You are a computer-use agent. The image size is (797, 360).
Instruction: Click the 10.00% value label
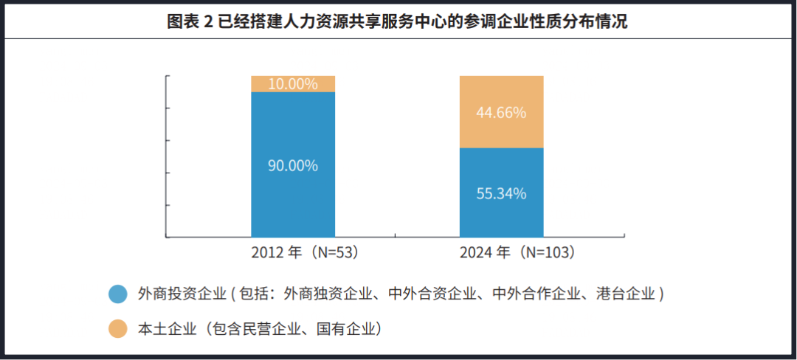point(293,83)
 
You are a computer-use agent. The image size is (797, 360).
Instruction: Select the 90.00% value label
point(293,165)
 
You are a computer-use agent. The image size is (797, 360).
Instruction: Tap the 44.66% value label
point(501,113)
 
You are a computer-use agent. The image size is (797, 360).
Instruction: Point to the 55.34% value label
point(501,194)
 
